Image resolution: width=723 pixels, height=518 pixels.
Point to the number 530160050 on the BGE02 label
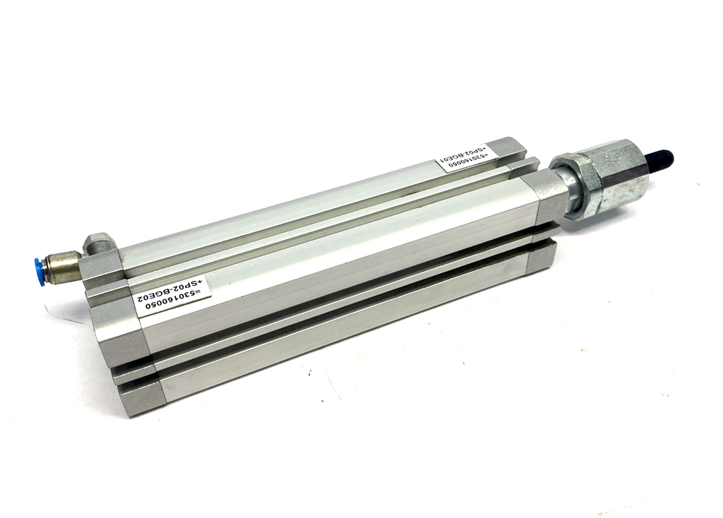point(174,300)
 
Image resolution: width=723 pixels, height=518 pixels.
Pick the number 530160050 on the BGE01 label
point(466,164)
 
